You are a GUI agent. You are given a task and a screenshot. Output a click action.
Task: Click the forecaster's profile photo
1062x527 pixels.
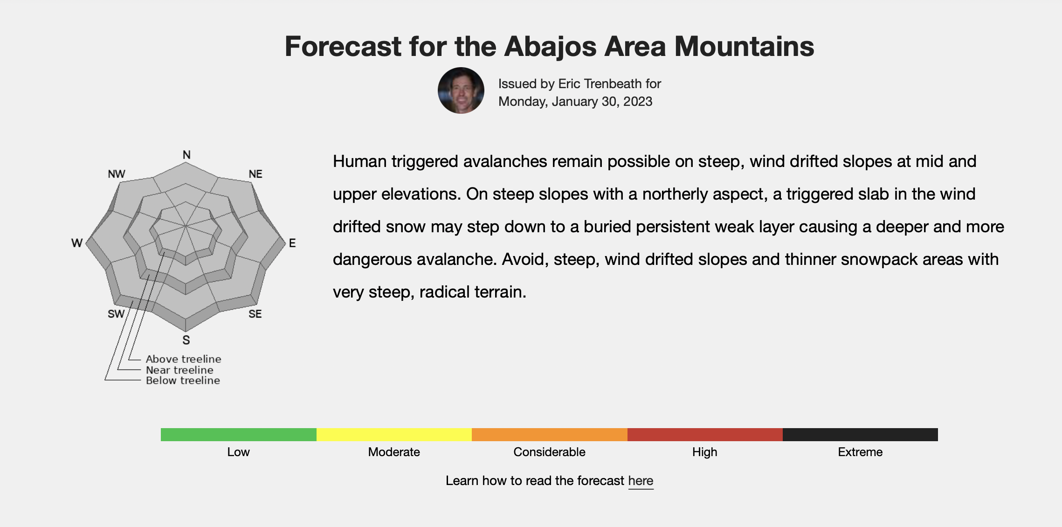(461, 90)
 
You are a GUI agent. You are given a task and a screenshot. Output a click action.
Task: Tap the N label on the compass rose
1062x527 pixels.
(186, 155)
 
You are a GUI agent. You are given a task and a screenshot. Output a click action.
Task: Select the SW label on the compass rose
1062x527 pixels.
(116, 314)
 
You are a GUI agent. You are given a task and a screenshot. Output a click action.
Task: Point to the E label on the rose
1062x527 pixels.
(292, 243)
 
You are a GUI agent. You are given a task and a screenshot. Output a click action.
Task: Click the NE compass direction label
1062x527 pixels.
(255, 174)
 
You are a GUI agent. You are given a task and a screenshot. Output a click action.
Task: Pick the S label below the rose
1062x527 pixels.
(186, 340)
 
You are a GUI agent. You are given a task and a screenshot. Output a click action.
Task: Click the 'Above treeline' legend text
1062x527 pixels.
(184, 359)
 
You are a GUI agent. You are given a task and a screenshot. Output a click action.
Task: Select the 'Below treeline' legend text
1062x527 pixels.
(183, 381)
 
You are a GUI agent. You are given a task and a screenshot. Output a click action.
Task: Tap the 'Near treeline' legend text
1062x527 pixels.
(179, 370)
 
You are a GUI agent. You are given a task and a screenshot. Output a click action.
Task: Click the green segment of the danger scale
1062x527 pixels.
(239, 435)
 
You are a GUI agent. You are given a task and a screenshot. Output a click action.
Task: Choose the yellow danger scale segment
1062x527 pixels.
(394, 435)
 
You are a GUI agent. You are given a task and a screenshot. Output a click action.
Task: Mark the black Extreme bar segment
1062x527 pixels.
(860, 435)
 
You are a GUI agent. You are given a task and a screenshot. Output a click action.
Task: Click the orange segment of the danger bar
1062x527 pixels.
(550, 435)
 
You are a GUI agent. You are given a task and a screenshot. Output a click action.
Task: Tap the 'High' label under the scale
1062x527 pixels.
(704, 452)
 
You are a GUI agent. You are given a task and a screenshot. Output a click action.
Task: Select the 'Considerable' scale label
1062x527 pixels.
(549, 452)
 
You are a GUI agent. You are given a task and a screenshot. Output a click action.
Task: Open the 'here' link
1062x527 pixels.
(641, 481)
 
